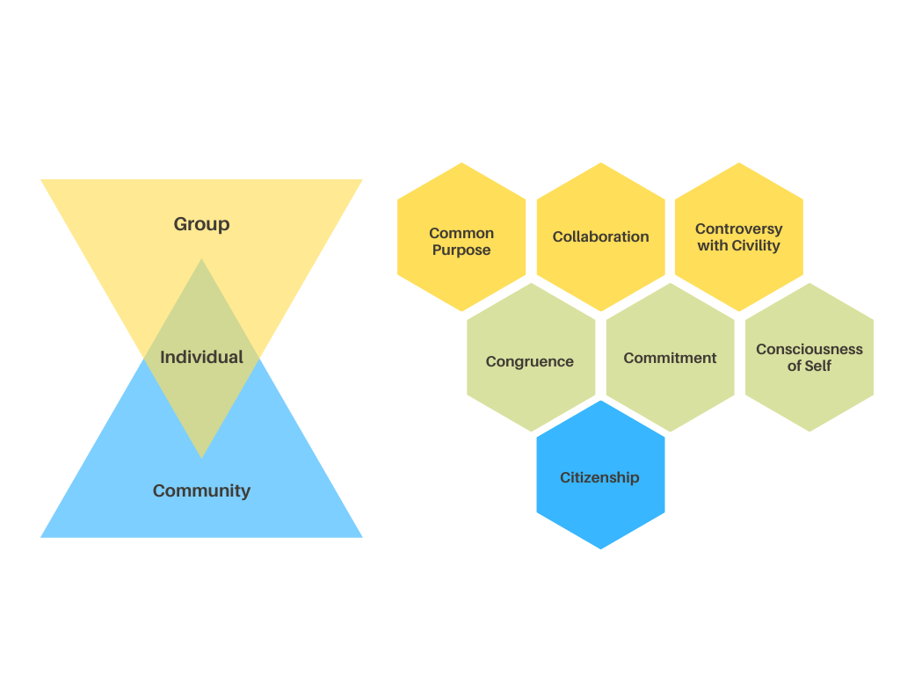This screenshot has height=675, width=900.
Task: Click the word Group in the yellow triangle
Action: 201,224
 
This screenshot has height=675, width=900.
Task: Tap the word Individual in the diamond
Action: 201,357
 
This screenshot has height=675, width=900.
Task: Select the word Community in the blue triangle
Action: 201,490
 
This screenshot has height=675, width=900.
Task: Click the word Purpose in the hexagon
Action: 461,250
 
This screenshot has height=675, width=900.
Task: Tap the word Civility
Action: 755,245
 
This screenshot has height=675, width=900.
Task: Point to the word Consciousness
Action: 809,349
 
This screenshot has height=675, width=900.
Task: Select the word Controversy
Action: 738,229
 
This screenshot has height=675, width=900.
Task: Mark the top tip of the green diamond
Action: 201,260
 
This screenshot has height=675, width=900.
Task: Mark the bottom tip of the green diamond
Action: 201,456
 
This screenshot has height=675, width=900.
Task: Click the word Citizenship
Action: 599,477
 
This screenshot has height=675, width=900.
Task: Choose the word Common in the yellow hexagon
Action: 461,233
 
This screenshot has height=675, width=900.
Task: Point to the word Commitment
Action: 670,358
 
